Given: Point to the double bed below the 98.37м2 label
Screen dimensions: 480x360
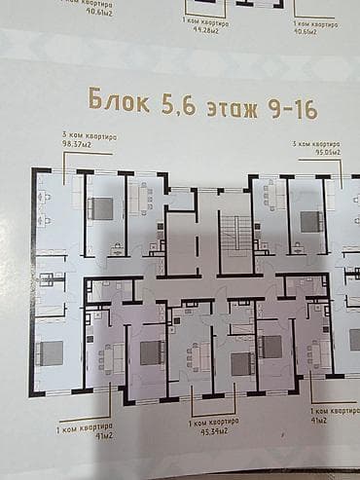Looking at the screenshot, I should (101, 206).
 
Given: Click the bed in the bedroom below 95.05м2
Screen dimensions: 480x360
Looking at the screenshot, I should (310, 220).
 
